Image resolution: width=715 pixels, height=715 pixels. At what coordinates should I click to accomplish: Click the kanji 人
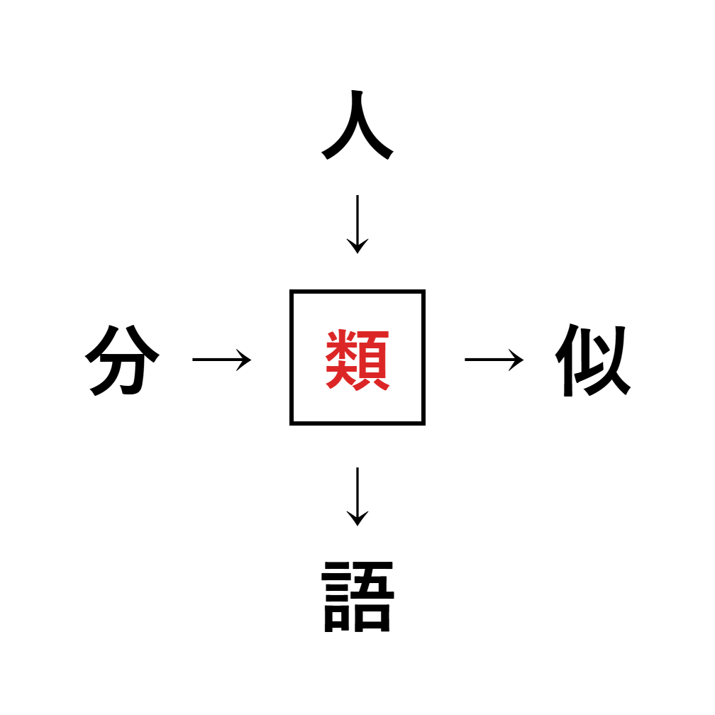[x=357, y=125]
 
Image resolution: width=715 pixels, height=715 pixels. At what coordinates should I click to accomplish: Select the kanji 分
[x=122, y=360]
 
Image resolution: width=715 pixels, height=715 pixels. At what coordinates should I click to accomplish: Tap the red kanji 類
[x=357, y=360]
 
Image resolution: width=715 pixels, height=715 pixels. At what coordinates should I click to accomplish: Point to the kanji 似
[x=593, y=360]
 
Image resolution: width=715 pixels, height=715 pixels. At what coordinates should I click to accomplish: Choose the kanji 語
[x=357, y=597]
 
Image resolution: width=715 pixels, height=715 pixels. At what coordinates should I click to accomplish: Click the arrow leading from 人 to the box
[x=357, y=224]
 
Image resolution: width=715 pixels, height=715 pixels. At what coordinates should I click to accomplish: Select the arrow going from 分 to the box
[x=221, y=360]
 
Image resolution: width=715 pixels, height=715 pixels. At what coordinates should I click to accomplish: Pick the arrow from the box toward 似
[x=494, y=360]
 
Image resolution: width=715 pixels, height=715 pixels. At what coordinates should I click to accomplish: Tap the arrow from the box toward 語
[x=357, y=497]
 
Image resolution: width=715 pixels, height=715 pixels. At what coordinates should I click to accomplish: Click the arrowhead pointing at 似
[x=517, y=360]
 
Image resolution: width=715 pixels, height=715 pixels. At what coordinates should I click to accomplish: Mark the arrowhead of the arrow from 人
[x=357, y=246]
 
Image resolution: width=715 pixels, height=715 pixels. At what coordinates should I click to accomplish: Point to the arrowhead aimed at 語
[x=357, y=519]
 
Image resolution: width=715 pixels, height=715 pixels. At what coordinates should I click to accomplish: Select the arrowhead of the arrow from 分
[x=245, y=360]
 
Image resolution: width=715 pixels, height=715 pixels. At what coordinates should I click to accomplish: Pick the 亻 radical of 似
[x=566, y=360]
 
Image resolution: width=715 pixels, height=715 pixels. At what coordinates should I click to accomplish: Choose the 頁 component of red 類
[x=374, y=360]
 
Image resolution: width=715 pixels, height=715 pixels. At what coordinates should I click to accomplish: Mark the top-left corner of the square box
[x=291, y=291]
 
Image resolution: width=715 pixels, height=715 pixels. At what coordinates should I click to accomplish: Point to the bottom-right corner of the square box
[x=424, y=424]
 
